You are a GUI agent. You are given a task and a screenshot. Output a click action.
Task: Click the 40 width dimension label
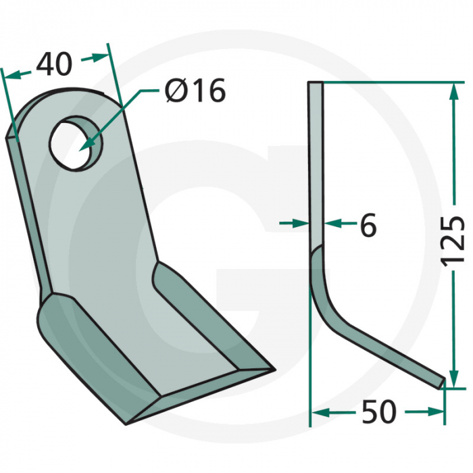pos(54,65)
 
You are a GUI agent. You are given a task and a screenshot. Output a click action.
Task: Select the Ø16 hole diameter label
pos(195,91)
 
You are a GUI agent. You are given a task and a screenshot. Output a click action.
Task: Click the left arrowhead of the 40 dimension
pos(9,76)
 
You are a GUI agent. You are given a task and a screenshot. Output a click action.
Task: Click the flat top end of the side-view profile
pos(316,83)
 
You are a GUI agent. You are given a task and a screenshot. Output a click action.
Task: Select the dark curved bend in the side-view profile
pos(321,277)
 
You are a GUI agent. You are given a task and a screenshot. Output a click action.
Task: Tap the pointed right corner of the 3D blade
pos(274,370)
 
